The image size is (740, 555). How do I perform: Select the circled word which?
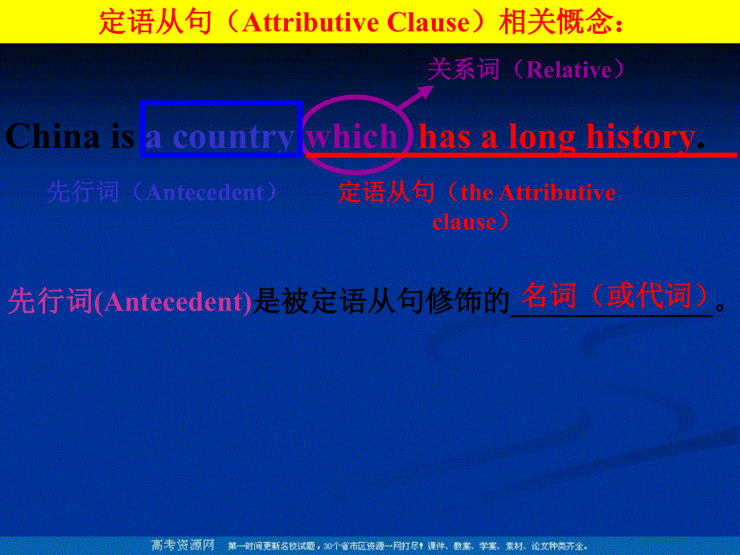351,137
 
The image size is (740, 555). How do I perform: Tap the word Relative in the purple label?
568,70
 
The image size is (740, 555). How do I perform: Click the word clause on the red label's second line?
463,221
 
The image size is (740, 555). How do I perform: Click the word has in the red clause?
445,137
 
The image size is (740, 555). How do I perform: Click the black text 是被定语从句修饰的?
381,302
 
